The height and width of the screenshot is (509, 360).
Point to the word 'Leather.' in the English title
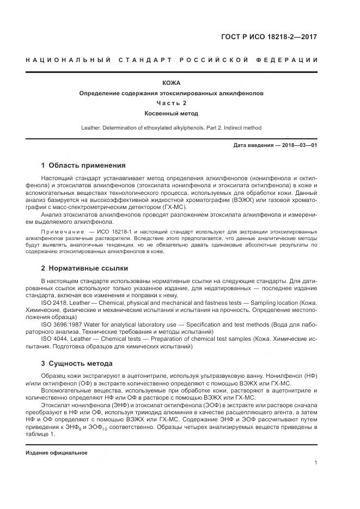point(91,128)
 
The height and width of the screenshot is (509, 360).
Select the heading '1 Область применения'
point(83,165)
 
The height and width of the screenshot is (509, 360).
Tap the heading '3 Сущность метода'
point(77,363)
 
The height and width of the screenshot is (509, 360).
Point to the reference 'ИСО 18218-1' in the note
point(115,231)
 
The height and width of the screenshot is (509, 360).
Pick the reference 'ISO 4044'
point(53,338)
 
